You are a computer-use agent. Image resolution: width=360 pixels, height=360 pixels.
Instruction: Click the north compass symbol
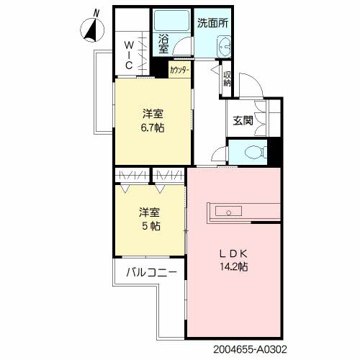point(92,30)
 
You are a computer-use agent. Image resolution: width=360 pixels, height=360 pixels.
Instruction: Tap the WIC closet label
point(129,55)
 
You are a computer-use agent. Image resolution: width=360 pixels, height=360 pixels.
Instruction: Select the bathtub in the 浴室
point(171,20)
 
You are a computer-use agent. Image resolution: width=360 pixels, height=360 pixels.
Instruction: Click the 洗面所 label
point(212,23)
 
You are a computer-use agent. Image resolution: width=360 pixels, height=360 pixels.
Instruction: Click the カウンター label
point(180,70)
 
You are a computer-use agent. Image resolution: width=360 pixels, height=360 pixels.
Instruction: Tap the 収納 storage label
point(227,79)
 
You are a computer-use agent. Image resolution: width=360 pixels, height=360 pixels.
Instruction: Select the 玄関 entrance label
point(243,120)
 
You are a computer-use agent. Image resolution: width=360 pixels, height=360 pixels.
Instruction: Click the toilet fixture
point(256,152)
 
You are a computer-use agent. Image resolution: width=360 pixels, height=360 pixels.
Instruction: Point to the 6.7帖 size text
point(153,128)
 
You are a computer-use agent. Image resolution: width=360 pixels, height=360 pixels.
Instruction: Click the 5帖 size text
point(151,226)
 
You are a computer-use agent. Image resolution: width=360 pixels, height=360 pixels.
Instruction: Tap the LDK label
point(233,253)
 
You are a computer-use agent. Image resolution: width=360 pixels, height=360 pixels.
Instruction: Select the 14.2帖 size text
point(234,266)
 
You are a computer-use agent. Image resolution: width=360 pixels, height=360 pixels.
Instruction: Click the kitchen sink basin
point(228,211)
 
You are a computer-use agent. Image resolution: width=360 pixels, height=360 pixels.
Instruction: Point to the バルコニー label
point(152,272)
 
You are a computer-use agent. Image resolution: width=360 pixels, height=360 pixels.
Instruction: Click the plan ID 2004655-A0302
point(250,349)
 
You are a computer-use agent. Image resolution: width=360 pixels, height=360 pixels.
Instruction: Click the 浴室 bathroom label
point(164,44)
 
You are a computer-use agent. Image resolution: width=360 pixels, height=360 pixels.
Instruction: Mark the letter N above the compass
point(96,13)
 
